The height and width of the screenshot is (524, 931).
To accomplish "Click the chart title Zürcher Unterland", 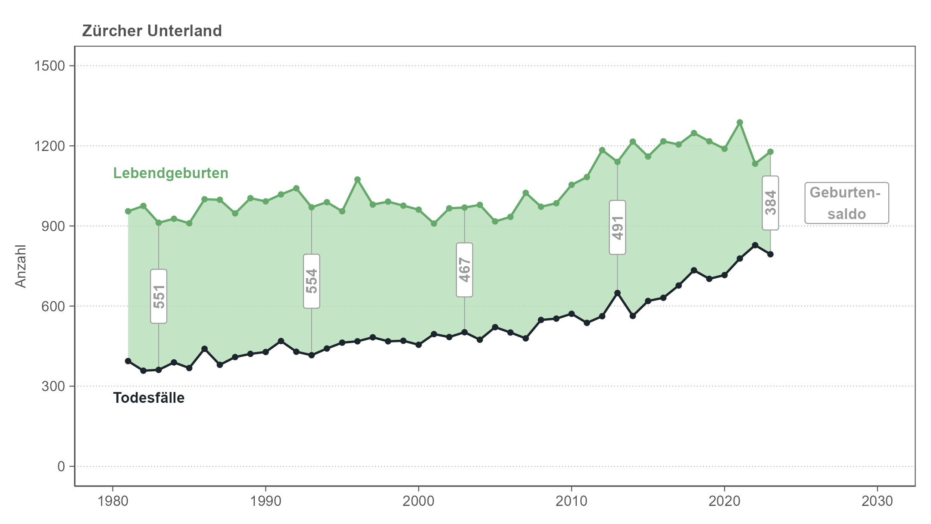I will point(152,31).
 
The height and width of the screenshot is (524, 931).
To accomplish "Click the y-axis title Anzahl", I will point(21,266).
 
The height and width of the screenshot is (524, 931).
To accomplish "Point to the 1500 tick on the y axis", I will point(49,66).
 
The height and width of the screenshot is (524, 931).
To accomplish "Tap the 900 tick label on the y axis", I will point(53,226).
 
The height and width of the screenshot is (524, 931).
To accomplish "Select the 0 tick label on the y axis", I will point(61,466).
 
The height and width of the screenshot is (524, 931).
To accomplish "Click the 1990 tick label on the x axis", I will point(265,501).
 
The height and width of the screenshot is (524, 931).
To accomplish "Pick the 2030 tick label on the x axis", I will point(877,501).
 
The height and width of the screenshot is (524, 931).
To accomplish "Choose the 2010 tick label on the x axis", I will point(571,501).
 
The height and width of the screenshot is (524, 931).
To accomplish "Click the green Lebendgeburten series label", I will point(171,173).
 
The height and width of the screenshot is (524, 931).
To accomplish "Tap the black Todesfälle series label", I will point(149,398).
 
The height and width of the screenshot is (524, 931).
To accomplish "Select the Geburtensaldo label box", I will point(847,203).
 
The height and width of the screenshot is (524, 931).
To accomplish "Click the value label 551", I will point(159,296).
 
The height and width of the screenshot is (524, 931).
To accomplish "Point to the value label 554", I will point(312,281).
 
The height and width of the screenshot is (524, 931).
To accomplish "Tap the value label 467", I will point(465,270).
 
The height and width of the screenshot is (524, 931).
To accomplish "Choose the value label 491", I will point(617,227).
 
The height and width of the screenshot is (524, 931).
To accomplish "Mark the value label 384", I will point(770,203).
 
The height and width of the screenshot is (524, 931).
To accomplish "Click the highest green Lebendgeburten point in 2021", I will point(740,122).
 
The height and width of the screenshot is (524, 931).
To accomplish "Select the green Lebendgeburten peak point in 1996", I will point(357,179).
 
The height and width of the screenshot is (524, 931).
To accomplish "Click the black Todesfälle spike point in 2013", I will point(617,293).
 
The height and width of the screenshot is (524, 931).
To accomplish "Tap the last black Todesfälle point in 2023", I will point(770,254).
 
